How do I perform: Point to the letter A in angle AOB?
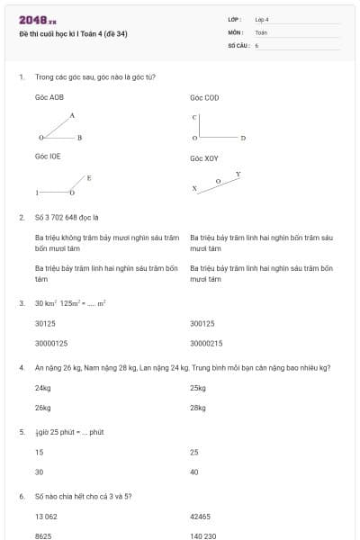72,115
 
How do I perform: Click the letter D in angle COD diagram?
243,139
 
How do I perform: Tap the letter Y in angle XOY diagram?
238,173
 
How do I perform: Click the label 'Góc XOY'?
204,157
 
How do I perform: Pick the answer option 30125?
45,323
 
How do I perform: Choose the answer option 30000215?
206,343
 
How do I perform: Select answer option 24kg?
42,388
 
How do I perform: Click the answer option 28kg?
198,408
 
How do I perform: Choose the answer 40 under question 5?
194,472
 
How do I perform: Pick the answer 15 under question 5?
39,452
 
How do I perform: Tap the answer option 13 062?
46,517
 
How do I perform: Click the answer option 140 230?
202,535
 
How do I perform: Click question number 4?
21,368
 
